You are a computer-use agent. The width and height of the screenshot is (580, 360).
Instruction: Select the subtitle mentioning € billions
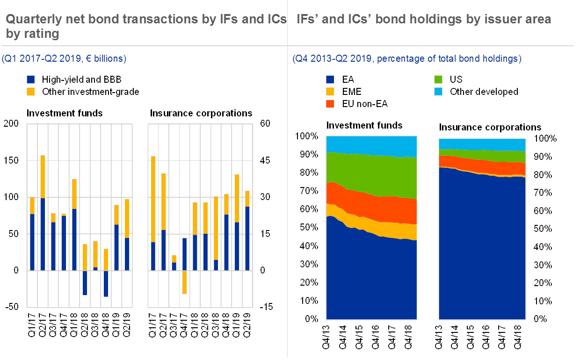click(64, 59)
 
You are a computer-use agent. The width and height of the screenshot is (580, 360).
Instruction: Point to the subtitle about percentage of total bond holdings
click(406, 59)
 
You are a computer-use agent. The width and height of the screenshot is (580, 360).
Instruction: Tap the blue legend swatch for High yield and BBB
click(31, 79)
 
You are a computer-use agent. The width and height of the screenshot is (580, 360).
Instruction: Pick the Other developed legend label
click(484, 92)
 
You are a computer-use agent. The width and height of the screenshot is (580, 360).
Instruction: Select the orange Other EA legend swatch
click(330, 104)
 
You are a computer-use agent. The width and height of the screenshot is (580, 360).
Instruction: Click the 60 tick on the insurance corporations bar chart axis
click(265, 124)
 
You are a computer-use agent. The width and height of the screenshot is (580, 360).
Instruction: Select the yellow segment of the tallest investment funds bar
click(43, 176)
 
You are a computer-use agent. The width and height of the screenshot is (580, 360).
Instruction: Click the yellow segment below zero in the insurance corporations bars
click(184, 282)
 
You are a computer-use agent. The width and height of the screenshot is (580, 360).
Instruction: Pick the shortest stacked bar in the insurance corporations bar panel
click(174, 262)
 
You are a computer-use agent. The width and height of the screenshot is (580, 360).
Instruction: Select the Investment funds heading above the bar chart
click(66, 114)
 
